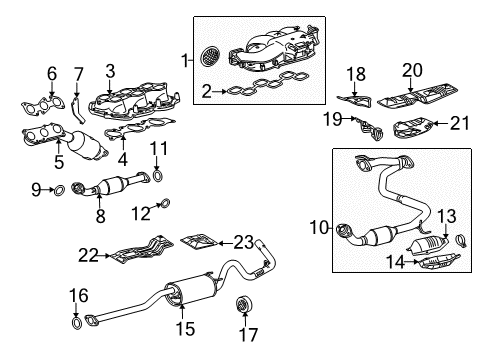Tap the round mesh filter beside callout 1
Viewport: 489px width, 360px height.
coord(209,57)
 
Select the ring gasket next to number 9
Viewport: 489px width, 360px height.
coord(59,188)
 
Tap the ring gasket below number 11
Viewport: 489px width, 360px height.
coord(158,178)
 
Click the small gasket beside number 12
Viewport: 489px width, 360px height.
coord(166,206)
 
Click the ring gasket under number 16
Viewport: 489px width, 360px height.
coord(78,321)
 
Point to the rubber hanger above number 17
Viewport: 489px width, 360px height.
coord(241,304)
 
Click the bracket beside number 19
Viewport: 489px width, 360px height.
coord(372,128)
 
